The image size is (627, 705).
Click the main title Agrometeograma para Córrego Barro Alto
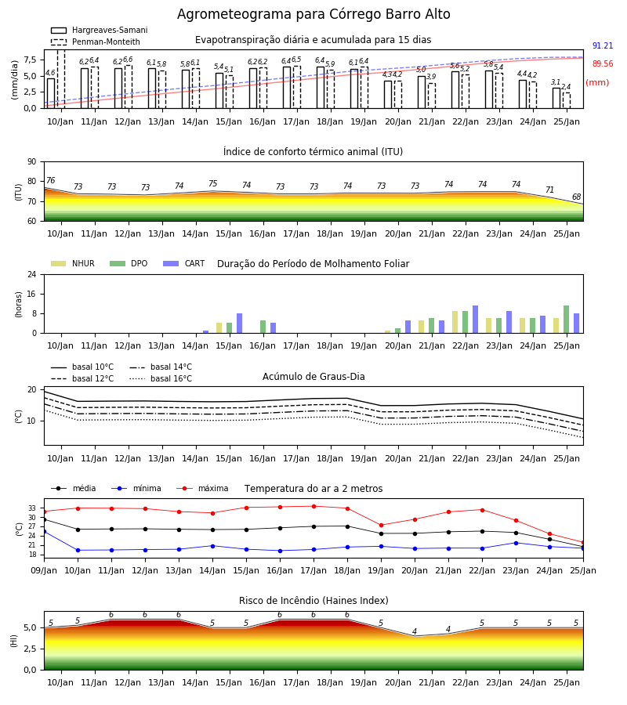(313, 14)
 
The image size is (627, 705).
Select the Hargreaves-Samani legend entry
(100, 30)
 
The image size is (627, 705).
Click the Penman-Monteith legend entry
(96, 42)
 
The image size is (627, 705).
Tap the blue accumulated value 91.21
(603, 46)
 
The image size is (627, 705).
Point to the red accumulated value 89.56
(603, 64)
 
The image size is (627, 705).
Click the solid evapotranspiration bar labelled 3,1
(556, 98)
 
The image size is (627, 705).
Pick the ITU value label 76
(50, 180)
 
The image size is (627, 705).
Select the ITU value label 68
(576, 197)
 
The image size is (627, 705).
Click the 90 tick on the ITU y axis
(31, 162)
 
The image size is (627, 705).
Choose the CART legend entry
(184, 263)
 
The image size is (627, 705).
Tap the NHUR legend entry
(73, 263)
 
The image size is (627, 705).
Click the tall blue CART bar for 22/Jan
(476, 320)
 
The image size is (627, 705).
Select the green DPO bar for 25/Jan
(567, 320)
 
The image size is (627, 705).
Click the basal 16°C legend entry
(161, 378)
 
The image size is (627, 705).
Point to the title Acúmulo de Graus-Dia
(313, 377)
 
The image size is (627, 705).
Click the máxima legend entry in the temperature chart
(202, 488)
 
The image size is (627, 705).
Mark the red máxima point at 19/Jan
(382, 525)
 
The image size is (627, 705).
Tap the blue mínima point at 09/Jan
(44, 531)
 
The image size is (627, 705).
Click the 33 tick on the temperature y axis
(32, 508)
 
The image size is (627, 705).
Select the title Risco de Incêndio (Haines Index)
(313, 601)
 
